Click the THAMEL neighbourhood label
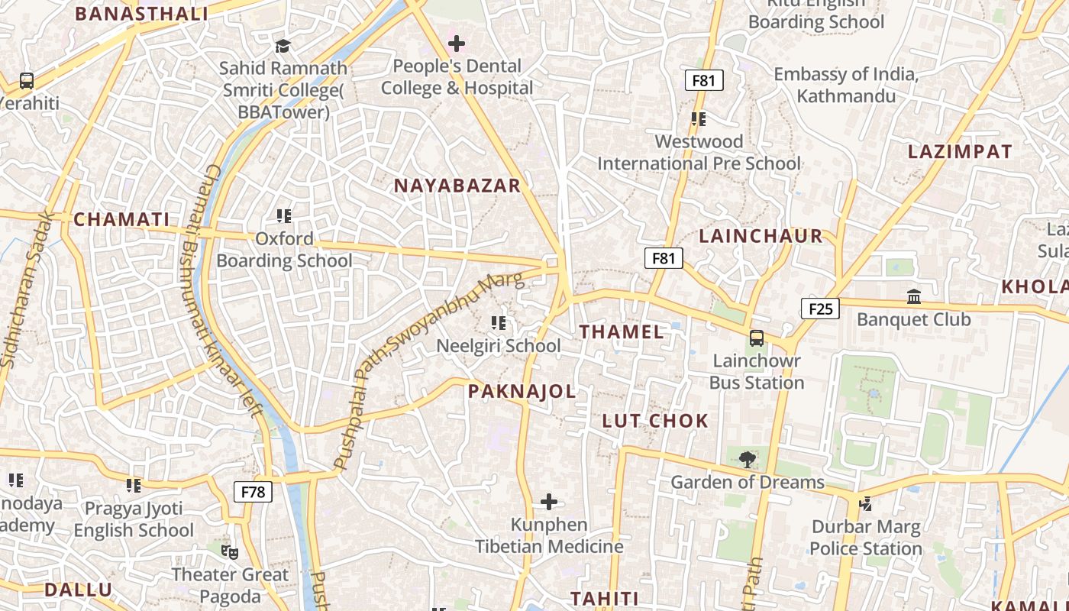click(x=622, y=331)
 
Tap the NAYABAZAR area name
click(x=457, y=186)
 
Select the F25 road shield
click(x=820, y=309)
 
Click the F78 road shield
click(x=253, y=492)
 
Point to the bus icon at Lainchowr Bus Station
click(x=757, y=338)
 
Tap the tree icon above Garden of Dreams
click(x=747, y=460)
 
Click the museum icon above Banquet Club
click(x=913, y=296)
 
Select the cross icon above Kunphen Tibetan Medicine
click(x=549, y=502)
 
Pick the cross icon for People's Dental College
click(x=457, y=44)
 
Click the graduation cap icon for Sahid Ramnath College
click(x=283, y=46)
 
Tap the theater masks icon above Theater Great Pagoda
click(x=229, y=551)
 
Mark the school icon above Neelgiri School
click(x=499, y=323)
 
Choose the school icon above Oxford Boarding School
click(x=284, y=216)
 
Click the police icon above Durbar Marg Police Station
click(x=866, y=503)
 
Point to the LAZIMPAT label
click(x=960, y=152)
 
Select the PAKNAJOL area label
click(x=522, y=392)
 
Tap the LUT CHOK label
click(x=655, y=421)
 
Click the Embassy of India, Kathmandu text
click(x=845, y=85)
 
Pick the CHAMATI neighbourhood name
click(x=121, y=220)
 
